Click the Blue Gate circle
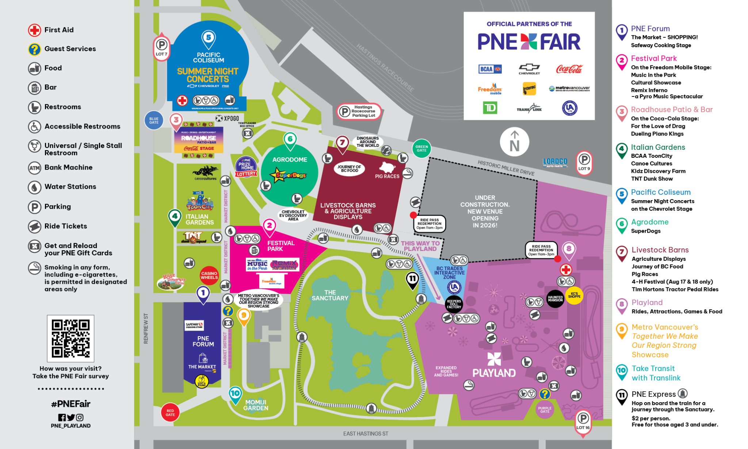coord(154,121)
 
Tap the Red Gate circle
coord(170,412)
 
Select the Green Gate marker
coord(421,148)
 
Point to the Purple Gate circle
coord(545,410)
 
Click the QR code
coord(70,338)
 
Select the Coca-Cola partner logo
coord(569,69)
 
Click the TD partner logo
coord(490,108)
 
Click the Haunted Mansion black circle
coord(555,298)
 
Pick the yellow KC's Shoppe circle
coord(574,295)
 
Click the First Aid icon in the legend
coord(35,30)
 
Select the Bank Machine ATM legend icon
coord(35,168)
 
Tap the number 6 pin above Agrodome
coord(290,140)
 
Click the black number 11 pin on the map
coord(412,280)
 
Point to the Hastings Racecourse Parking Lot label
coord(359,111)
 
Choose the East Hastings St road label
coord(366,434)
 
